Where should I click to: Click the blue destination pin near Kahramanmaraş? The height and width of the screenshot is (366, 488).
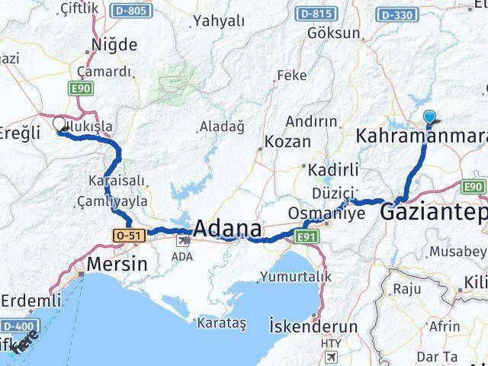coord(429,118)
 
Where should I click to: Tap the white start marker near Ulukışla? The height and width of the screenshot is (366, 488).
coord(59,124)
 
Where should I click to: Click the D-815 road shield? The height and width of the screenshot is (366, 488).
coord(316,14)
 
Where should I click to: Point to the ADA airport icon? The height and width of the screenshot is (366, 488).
coord(184,241)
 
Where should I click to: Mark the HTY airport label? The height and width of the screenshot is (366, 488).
coord(330,344)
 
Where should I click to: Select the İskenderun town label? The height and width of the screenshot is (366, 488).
coord(313,326)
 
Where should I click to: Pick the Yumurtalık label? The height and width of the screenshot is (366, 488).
coord(295,275)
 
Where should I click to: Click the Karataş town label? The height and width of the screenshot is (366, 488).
coord(222,323)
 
